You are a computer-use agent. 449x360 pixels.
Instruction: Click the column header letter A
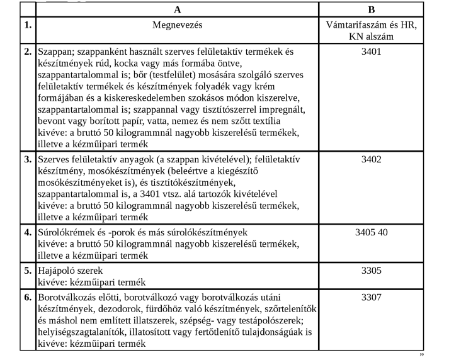coord(177,9)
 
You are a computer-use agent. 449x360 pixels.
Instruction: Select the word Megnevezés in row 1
coord(177,25)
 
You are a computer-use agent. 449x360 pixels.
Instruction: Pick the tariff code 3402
coord(371,159)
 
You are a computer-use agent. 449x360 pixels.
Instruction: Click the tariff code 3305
coord(371,271)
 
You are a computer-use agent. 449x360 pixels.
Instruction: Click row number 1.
coord(28,25)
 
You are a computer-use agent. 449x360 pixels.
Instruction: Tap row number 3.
coord(28,159)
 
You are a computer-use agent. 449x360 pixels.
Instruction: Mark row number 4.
coord(28,231)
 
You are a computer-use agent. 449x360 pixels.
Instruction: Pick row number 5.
coord(28,271)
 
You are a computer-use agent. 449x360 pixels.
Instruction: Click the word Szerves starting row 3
coord(55,159)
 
